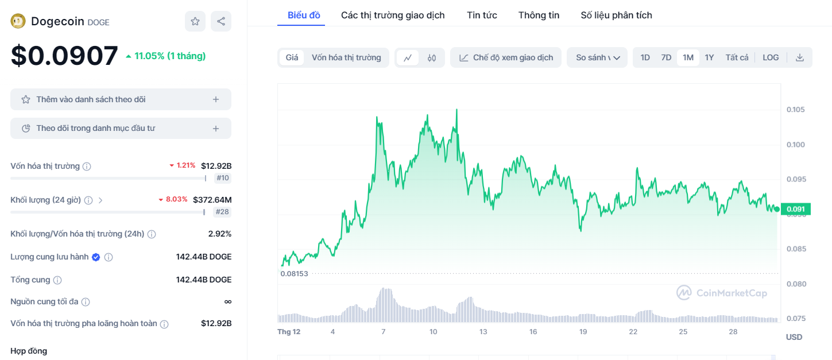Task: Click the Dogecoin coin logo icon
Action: pyautogui.click(x=18, y=21)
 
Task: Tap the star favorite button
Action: pyautogui.click(x=195, y=21)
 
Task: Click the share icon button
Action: pyautogui.click(x=221, y=21)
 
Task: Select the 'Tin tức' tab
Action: pyautogui.click(x=482, y=16)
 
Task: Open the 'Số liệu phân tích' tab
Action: pyautogui.click(x=616, y=16)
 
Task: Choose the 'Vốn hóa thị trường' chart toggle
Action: pyautogui.click(x=346, y=57)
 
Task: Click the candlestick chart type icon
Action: pyautogui.click(x=432, y=57)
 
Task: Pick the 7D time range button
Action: pyautogui.click(x=666, y=57)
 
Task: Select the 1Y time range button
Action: pyautogui.click(x=709, y=57)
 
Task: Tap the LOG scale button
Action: pyautogui.click(x=771, y=57)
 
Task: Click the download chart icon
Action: pyautogui.click(x=799, y=57)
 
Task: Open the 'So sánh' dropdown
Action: pyautogui.click(x=597, y=57)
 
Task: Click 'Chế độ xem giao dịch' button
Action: pyautogui.click(x=506, y=57)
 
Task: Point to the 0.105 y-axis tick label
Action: pyautogui.click(x=795, y=110)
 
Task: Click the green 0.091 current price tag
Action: pyautogui.click(x=795, y=209)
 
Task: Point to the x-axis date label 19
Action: pyautogui.click(x=583, y=332)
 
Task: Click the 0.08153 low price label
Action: pyautogui.click(x=294, y=274)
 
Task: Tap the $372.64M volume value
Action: pyautogui.click(x=212, y=200)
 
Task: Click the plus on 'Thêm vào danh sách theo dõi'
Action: pyautogui.click(x=216, y=99)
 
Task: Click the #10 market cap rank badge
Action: pyautogui.click(x=222, y=178)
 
